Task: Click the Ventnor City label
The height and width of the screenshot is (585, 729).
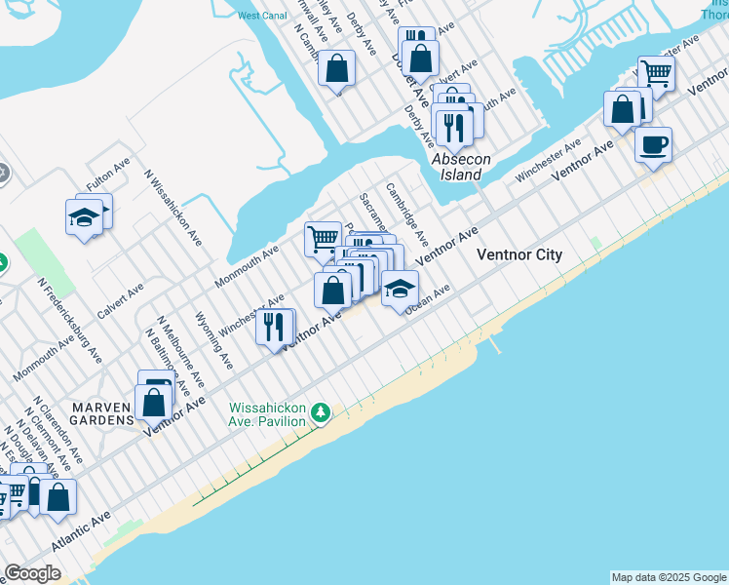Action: tap(518, 254)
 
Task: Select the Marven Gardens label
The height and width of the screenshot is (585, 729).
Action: tap(100, 411)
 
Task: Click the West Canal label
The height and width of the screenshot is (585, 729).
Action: tap(261, 16)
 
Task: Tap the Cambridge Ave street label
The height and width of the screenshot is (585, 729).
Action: tap(406, 214)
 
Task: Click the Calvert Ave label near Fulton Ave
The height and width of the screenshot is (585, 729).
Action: tap(120, 300)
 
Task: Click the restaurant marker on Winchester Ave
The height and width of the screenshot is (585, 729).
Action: tap(275, 326)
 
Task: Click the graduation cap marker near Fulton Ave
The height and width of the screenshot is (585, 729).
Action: tap(85, 217)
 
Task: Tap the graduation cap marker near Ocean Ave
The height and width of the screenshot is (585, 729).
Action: tap(399, 289)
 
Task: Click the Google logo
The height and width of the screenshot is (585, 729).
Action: tap(32, 573)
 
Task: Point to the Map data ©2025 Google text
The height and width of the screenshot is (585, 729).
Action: tap(668, 577)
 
